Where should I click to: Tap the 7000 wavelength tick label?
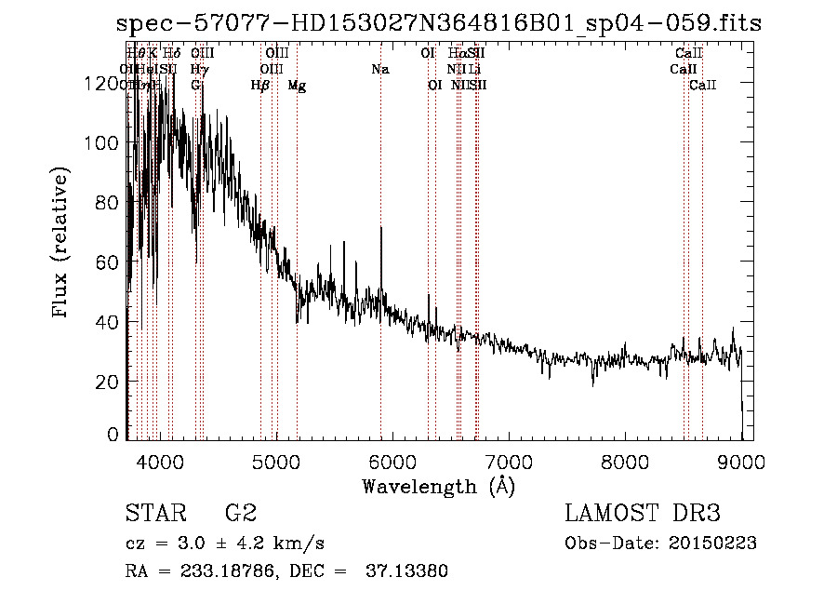point(508,462)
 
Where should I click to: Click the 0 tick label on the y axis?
point(115,434)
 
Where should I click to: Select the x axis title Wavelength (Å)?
point(438,486)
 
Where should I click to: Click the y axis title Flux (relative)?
point(62,244)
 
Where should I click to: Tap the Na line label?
point(379,69)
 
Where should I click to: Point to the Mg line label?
point(297,86)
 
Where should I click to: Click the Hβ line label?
point(260,86)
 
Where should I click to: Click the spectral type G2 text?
point(240,513)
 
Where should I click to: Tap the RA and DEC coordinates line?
point(286,571)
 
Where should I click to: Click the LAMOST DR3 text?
point(643,513)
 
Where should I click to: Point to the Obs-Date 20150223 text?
point(660,544)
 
